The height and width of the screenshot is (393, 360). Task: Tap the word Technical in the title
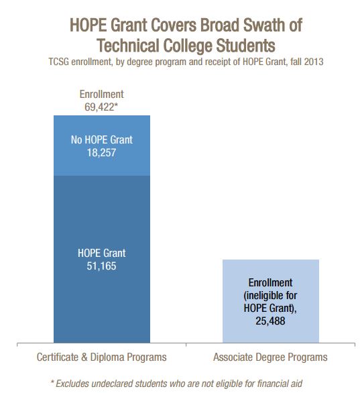point(128,46)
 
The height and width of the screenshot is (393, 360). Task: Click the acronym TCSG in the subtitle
point(58,62)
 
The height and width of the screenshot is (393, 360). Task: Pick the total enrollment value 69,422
point(99,107)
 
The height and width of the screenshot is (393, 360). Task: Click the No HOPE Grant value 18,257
point(101,152)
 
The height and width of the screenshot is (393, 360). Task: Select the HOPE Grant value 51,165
point(101,266)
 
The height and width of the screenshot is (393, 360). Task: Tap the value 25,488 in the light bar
point(270,321)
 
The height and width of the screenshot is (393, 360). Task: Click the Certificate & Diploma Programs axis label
point(101,357)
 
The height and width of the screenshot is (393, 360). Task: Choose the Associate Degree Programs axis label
point(270,357)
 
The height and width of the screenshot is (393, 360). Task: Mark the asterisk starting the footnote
point(52,382)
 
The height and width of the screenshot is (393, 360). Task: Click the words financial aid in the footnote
point(280,384)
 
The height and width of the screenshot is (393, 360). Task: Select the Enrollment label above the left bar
point(101,95)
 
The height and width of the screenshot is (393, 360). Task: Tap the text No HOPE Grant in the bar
point(101,140)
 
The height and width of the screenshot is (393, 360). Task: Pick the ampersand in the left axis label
point(84,357)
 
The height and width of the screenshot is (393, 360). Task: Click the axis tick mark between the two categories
point(186,345)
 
